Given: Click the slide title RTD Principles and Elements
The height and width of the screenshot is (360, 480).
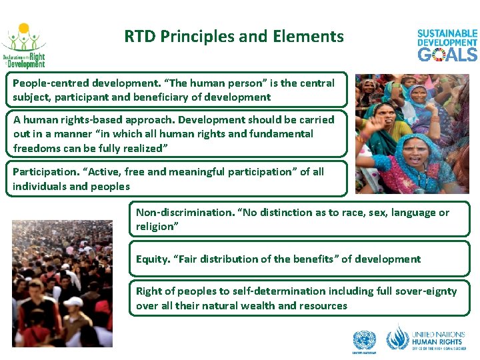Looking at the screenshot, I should point(234,36).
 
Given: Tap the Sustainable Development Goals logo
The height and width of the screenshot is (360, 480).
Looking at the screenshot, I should point(447,45).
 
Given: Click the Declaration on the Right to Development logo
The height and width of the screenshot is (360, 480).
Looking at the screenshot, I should point(24,46).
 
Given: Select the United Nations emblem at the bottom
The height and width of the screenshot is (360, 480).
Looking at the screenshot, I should point(364,341).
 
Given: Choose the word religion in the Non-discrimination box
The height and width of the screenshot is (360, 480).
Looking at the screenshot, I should point(155,227).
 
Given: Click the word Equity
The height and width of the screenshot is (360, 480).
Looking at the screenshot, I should point(151,259).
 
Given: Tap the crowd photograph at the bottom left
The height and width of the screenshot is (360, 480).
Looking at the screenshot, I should point(63,283).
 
